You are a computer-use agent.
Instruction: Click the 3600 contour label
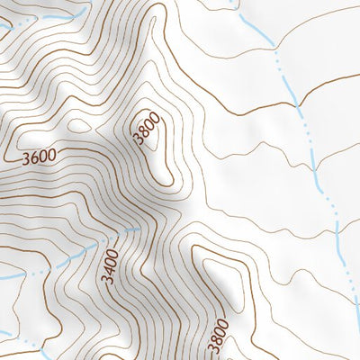(x=38, y=157)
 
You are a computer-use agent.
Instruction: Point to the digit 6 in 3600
(x=33, y=157)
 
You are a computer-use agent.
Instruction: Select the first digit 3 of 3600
(x=24, y=157)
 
